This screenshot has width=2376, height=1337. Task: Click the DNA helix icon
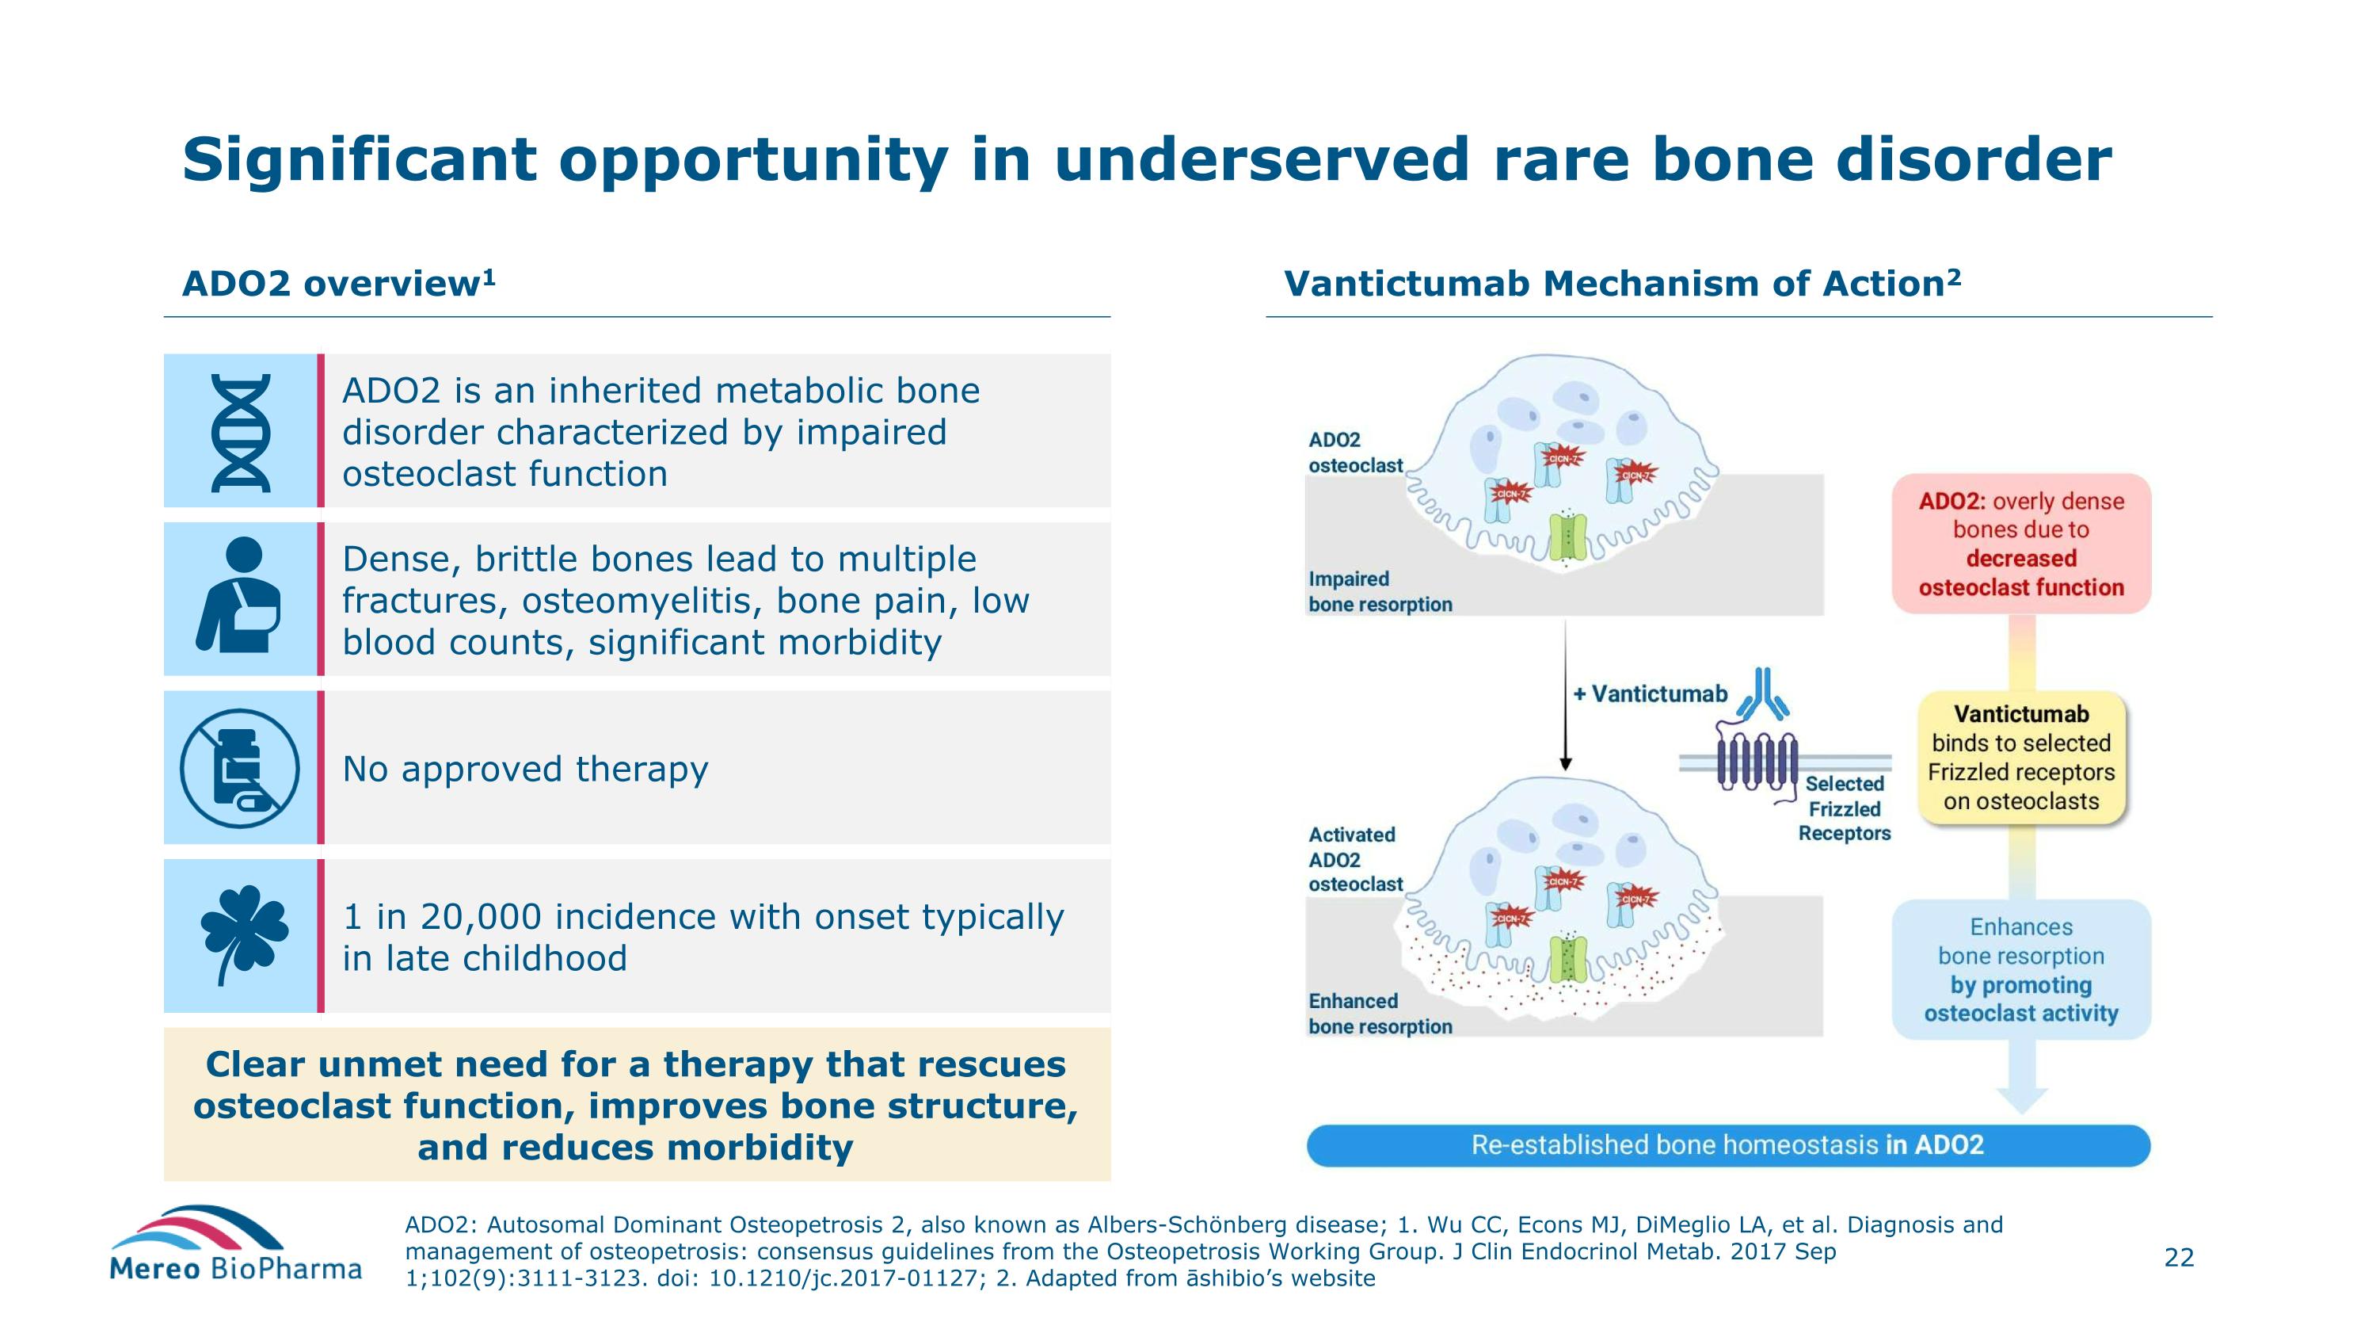pyautogui.click(x=241, y=432)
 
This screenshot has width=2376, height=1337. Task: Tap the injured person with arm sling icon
pyautogui.click(x=239, y=596)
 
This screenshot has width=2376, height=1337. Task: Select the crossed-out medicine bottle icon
pyautogui.click(x=240, y=768)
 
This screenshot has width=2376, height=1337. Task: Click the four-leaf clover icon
pyautogui.click(x=243, y=932)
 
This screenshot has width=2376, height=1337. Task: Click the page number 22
pyautogui.click(x=2179, y=1258)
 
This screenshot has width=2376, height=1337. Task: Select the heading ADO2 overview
pyautogui.click(x=338, y=283)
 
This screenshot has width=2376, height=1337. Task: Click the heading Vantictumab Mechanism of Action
pyautogui.click(x=1621, y=283)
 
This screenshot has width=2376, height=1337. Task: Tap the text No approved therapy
pyautogui.click(x=525, y=769)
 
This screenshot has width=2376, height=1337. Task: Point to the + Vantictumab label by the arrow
pyautogui.click(x=1650, y=694)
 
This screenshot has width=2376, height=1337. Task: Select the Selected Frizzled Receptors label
pyautogui.click(x=1844, y=808)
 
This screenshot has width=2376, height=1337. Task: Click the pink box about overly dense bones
pyautogui.click(x=2021, y=544)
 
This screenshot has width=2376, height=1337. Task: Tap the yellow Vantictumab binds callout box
pyautogui.click(x=2021, y=758)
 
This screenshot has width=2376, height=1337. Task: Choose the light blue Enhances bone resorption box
pyautogui.click(x=2021, y=970)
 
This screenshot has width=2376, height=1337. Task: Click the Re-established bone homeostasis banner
pyautogui.click(x=1727, y=1145)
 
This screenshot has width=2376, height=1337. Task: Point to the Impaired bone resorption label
pyautogui.click(x=1380, y=591)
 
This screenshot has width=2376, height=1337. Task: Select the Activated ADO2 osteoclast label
pyautogui.click(x=1355, y=859)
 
